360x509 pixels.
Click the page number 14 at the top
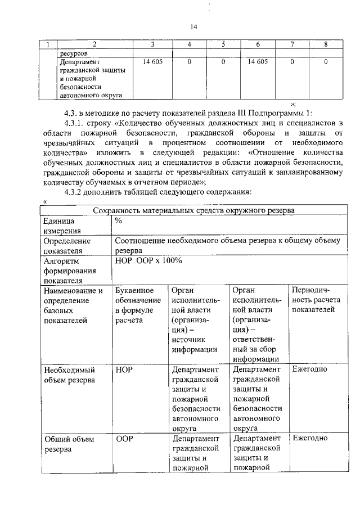tap(194, 26)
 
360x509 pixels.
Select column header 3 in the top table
tap(153, 44)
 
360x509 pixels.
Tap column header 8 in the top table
tap(326, 44)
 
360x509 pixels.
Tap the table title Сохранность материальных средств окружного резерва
tap(193, 210)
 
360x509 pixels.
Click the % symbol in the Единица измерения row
tap(118, 221)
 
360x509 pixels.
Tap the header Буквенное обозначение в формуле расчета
tap(134, 305)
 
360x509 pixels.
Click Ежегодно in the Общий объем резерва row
tap(310, 438)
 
